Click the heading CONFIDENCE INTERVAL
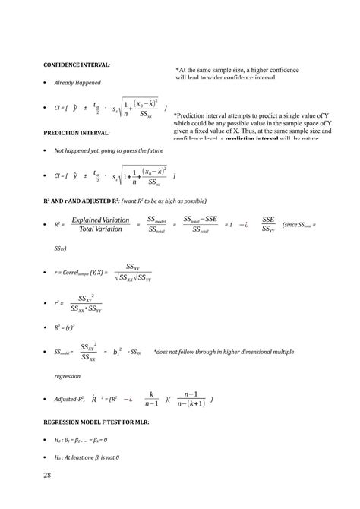click(x=80, y=65)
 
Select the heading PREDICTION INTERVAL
click(x=77, y=132)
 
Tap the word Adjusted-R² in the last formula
click(x=69, y=399)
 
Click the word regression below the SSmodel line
click(x=67, y=375)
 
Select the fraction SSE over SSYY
click(x=268, y=224)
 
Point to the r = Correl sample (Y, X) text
click(x=82, y=273)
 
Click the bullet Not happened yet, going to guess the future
click(x=108, y=151)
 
